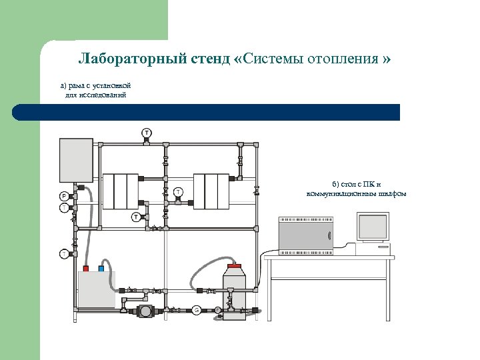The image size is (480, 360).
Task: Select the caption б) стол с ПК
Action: tap(357, 189)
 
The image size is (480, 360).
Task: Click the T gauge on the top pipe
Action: tap(146, 133)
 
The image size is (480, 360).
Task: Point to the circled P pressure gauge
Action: tap(64, 196)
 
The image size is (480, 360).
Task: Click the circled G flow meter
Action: tap(197, 309)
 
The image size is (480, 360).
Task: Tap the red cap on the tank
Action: tap(85, 268)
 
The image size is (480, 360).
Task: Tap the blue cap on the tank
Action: tap(101, 268)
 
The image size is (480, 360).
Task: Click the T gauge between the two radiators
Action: tap(178, 192)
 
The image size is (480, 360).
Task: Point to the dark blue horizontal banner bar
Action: tap(207, 112)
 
